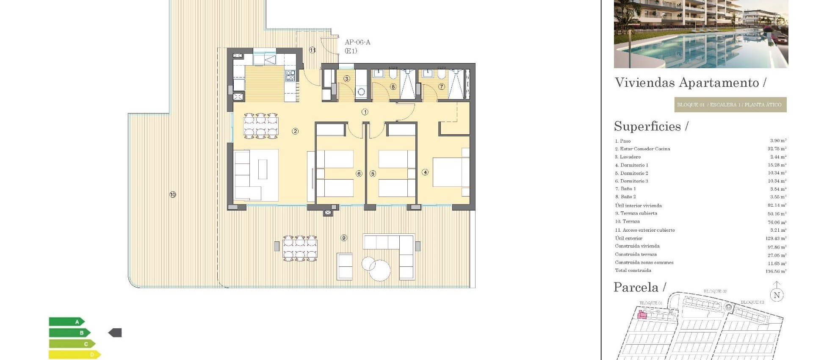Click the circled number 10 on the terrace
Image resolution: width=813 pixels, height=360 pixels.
point(173,195)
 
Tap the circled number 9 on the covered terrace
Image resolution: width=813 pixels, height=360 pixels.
point(344,238)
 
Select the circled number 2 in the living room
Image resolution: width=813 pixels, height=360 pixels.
point(295,131)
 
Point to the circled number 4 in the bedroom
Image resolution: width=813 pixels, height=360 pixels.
point(425,172)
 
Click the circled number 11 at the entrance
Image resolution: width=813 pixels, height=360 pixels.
point(312,50)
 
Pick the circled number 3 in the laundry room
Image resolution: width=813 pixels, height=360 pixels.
point(347,79)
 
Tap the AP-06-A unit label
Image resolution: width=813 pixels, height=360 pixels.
point(357,42)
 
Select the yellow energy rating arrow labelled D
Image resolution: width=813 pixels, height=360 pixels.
point(75,354)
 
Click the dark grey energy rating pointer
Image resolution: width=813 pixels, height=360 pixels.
point(115,333)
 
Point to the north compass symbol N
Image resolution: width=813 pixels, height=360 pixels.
point(777,295)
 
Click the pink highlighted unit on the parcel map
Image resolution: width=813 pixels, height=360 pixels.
point(642,314)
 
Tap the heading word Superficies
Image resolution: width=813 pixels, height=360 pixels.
point(647,126)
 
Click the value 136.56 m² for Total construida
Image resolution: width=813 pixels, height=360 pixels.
point(776,271)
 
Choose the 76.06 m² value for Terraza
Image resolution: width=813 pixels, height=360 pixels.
point(777,222)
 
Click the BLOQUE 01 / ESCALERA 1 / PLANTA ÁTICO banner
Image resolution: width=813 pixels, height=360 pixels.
point(730,105)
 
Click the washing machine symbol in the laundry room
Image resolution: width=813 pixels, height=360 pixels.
point(361,91)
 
